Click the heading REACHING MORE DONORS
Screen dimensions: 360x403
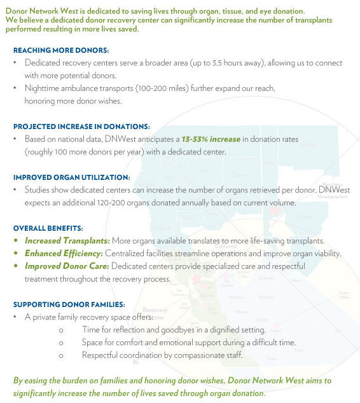point(61,50)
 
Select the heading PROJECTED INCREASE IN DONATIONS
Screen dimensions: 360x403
point(81,126)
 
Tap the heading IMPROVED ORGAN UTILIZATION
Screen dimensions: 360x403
point(71,177)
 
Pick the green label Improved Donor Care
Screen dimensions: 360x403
point(67,266)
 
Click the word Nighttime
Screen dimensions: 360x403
point(45,88)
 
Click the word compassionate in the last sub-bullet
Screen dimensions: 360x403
point(196,355)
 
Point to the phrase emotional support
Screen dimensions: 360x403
point(172,342)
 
